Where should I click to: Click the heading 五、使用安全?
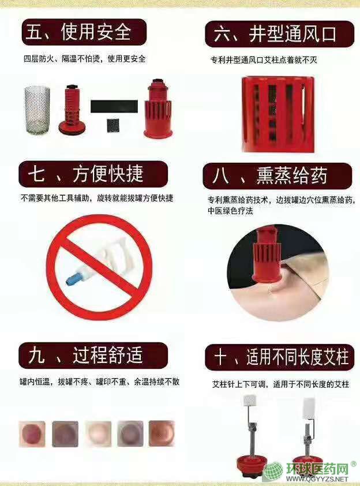[78, 32]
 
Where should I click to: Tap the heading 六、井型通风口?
[275, 34]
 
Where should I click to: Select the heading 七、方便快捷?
[85, 174]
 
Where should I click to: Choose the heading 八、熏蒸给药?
[270, 175]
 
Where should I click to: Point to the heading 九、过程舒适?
[85, 355]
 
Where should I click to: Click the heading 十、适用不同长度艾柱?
[282, 357]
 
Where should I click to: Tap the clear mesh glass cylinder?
[37, 110]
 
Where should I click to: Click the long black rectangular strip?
[114, 106]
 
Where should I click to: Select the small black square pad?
[114, 125]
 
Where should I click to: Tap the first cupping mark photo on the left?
[32, 433]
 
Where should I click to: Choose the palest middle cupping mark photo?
[98, 433]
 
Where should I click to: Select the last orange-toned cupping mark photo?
[162, 433]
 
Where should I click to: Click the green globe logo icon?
[273, 472]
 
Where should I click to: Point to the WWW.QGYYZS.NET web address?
[317, 479]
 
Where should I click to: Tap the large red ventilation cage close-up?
[278, 114]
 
